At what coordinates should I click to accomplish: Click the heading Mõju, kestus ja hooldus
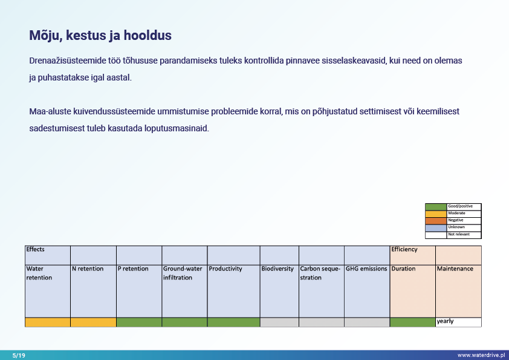[x=100, y=36]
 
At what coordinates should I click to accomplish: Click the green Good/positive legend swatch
[x=435, y=206]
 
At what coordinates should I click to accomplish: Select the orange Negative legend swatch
[x=435, y=220]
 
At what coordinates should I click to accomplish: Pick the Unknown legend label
[x=456, y=227]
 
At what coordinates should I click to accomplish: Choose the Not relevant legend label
[x=459, y=234]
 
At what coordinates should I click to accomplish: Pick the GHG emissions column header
[x=366, y=269]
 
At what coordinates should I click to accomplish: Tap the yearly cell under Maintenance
[x=458, y=322]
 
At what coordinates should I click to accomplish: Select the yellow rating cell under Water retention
[x=48, y=322]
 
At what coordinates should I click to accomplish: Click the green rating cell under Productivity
[x=233, y=322]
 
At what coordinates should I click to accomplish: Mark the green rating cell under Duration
[x=412, y=322]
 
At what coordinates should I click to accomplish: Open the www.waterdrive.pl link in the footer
[x=481, y=355]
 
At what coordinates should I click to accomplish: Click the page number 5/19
[x=18, y=355]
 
